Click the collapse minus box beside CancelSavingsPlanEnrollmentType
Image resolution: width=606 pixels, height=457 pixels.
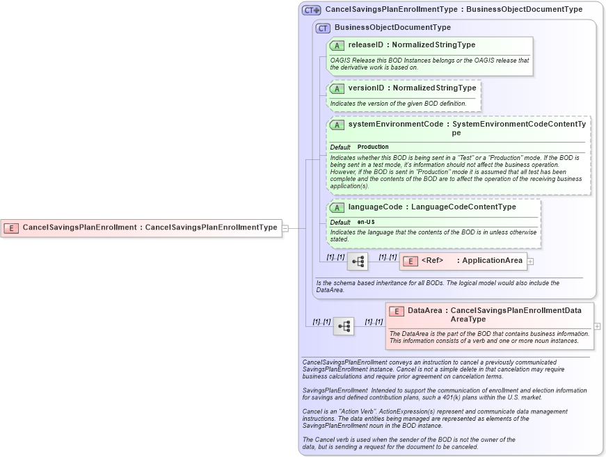tap(285, 227)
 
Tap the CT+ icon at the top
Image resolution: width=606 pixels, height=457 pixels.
tap(311, 10)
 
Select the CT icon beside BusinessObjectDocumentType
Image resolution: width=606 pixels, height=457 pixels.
tap(323, 28)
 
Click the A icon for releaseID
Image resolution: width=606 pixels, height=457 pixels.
tap(337, 45)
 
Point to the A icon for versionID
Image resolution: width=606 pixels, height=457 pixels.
tap(337, 88)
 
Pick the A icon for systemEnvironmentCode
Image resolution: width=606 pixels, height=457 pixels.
tap(337, 125)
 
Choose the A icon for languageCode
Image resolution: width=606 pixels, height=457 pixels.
tap(337, 207)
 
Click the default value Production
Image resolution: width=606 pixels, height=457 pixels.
tap(373, 147)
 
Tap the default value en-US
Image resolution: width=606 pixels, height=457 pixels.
tap(366, 222)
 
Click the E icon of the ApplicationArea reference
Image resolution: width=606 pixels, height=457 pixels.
tap(410, 261)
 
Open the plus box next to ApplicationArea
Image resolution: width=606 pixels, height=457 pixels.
tap(530, 262)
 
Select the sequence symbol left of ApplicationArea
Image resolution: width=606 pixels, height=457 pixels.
tap(358, 262)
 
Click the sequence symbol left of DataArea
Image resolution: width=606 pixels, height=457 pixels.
tap(344, 326)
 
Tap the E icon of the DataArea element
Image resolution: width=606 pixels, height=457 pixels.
tap(397, 312)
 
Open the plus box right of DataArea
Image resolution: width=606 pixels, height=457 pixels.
tap(597, 326)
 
